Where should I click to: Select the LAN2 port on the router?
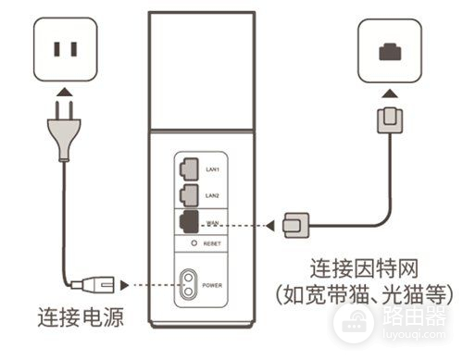188,195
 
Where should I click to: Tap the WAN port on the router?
188,223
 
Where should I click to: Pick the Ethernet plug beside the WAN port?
297,224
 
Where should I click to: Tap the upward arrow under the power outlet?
62,92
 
